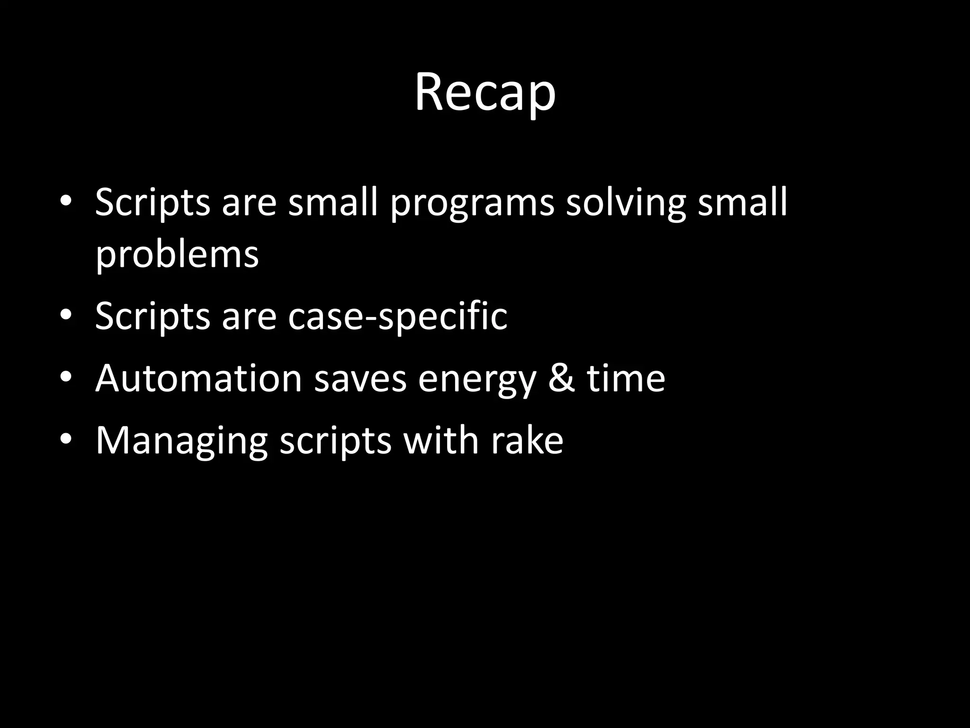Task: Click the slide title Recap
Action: click(485, 92)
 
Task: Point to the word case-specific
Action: click(397, 316)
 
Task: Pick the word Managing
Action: click(182, 441)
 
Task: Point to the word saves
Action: click(360, 379)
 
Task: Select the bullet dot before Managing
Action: click(66, 440)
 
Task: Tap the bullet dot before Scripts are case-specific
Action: click(66, 315)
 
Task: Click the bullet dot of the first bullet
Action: click(66, 201)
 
